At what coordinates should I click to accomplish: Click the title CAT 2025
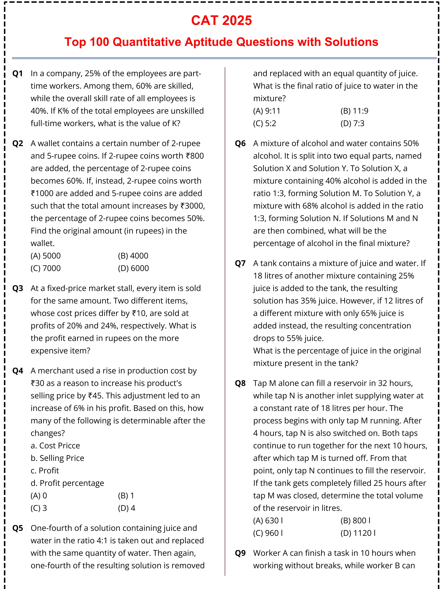coord(221,21)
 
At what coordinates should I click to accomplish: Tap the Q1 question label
coord(18,73)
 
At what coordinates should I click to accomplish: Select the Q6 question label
coord(240,144)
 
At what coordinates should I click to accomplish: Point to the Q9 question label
coord(240,553)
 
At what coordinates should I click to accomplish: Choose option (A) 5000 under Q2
coord(46,256)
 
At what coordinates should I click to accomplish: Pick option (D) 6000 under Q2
coord(133,268)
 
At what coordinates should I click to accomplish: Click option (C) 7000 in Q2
coord(46,268)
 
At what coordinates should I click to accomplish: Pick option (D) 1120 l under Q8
coord(358,533)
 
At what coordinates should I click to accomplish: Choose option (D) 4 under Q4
coord(126,508)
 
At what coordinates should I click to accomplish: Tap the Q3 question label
coord(18,288)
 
